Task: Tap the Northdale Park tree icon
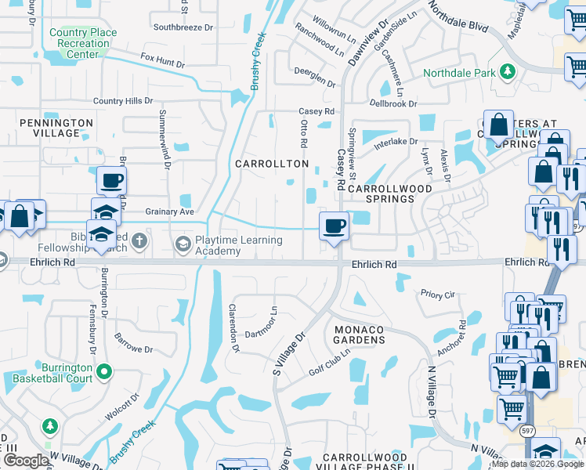tap(508, 72)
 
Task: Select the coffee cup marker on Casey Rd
tap(335, 226)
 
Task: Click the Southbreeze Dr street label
tap(184, 27)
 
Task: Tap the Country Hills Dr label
tap(123, 101)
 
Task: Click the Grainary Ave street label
tap(169, 211)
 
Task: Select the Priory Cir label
tap(437, 295)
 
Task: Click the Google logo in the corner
tap(26, 461)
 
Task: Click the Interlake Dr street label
tap(396, 142)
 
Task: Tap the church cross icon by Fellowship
tap(139, 240)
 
